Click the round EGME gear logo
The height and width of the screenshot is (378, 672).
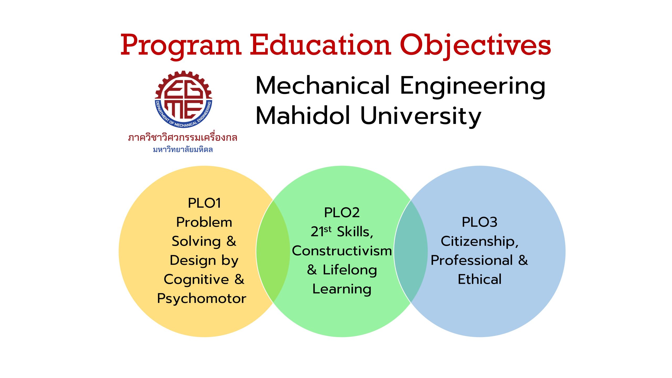coord(183,99)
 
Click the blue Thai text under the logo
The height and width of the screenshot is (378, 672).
coord(183,149)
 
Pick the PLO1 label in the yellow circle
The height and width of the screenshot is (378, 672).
coord(204,203)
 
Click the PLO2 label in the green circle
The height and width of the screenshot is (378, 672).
coord(342,213)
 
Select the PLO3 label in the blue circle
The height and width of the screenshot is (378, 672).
coord(480,222)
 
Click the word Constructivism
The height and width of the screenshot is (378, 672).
coord(342,251)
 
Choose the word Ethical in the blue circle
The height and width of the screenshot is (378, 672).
coord(480,279)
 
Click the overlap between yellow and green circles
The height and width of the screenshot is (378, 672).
coord(273,251)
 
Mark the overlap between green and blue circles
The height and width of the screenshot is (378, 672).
coord(411,251)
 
